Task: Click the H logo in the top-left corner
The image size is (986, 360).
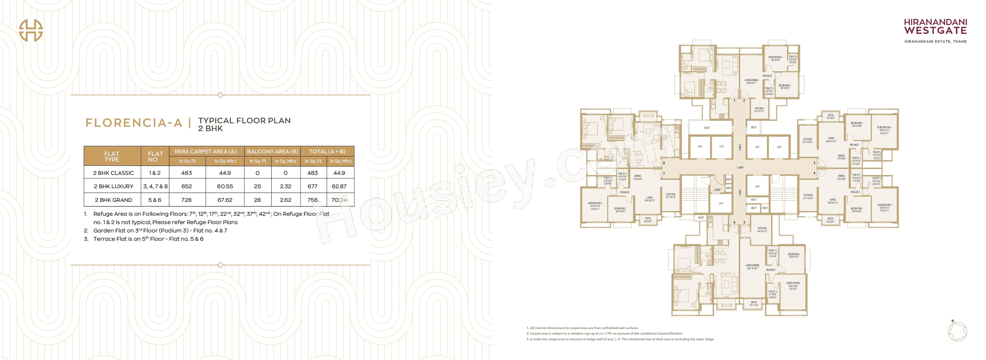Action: [31, 30]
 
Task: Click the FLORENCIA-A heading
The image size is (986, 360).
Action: [134, 123]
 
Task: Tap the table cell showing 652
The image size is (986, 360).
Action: [186, 186]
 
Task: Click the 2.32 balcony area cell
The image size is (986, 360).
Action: [286, 186]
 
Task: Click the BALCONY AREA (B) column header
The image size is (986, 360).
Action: [272, 151]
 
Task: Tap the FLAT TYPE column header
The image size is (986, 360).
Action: [112, 157]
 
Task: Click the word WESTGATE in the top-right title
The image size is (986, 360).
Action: [935, 31]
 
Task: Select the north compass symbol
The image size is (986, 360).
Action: [957, 331]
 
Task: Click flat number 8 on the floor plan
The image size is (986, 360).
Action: [664, 163]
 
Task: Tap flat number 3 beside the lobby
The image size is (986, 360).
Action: [814, 163]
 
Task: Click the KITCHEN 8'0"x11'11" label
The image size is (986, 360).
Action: [762, 230]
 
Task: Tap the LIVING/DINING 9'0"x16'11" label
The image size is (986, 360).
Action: [751, 82]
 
